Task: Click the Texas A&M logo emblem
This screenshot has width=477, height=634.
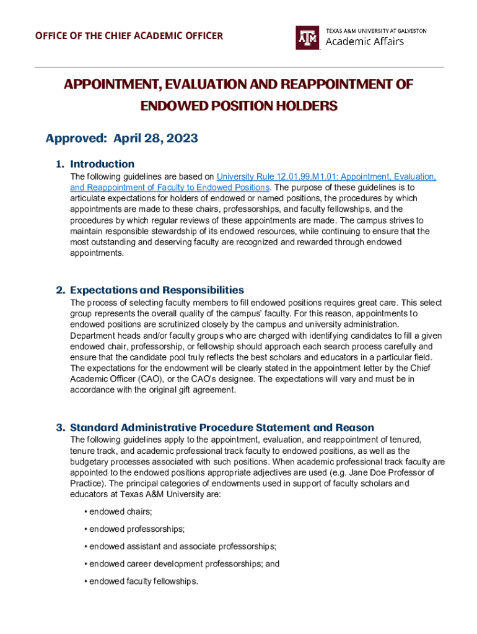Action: [308, 37]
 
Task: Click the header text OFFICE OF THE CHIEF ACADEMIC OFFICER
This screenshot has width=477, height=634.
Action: [128, 35]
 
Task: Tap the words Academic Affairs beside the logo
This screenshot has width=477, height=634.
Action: [364, 41]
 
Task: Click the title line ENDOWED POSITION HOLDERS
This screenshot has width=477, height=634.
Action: [239, 106]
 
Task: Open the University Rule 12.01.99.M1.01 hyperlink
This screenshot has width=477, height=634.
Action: [326, 177]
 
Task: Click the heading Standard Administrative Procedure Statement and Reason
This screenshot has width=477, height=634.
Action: [222, 428]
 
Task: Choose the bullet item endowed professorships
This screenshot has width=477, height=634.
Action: [137, 529]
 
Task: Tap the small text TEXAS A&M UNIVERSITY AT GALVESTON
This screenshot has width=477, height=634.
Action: [375, 30]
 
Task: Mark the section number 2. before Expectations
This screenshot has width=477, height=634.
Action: [61, 290]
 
